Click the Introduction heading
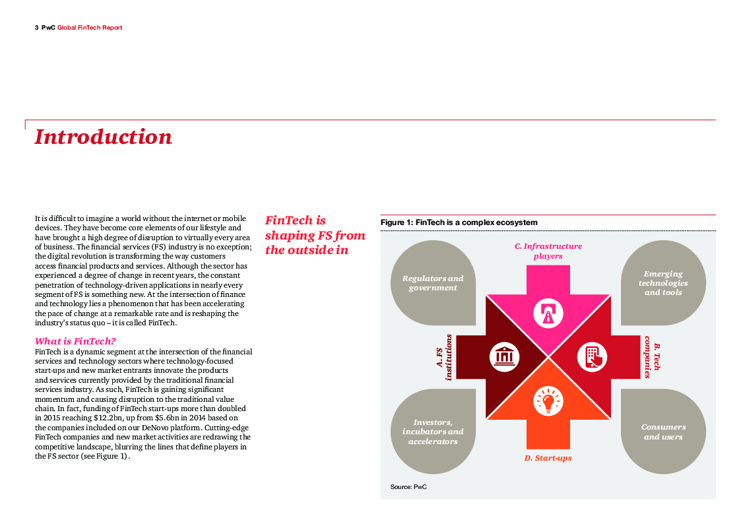pos(104,137)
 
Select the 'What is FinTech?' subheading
pos(75,341)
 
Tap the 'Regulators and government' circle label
pos(433,283)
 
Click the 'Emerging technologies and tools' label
pos(662,283)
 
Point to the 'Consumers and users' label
pos(663,432)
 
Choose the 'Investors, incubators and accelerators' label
pos(433,432)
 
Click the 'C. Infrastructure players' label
pos(548,251)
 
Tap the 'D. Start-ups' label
pos(548,458)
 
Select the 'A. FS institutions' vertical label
pos(444,356)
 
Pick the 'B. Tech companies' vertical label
pos(652,356)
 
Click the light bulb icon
pos(548,401)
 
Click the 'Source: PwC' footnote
pos(408,486)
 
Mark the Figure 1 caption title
pos(459,222)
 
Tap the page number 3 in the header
pos(36,28)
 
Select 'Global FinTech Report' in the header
pos(90,28)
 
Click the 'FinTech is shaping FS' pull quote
pos(315,235)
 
